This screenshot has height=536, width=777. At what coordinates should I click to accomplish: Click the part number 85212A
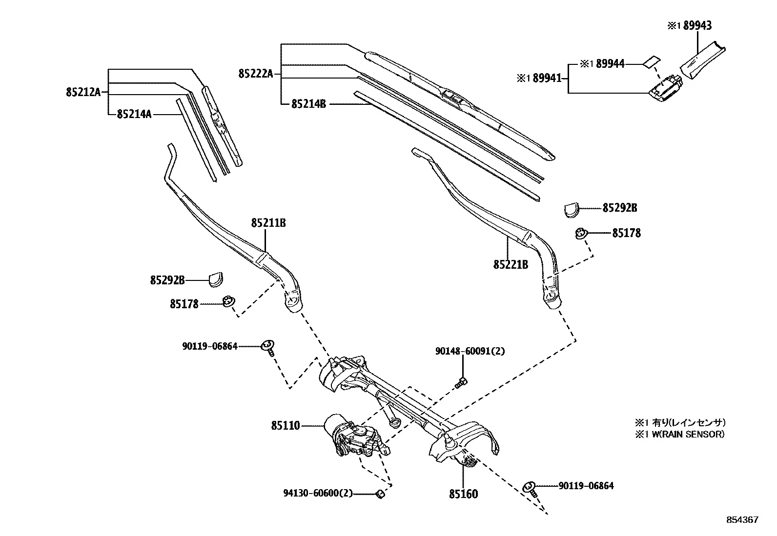tap(83, 92)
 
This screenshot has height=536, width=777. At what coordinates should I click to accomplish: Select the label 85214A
tap(134, 114)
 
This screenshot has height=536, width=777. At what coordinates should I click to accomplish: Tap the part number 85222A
tap(256, 74)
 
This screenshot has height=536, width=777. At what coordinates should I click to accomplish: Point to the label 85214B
tap(309, 104)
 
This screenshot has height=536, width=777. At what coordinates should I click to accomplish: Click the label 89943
tap(697, 25)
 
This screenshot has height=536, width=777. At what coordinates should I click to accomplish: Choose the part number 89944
tap(610, 64)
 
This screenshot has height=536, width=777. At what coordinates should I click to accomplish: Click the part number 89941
tap(547, 79)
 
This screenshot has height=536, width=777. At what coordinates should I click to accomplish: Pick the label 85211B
tap(268, 223)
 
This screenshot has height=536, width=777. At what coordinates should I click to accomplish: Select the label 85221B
tap(511, 264)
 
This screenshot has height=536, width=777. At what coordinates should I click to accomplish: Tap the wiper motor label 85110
tap(286, 425)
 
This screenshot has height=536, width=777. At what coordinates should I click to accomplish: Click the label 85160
tap(464, 494)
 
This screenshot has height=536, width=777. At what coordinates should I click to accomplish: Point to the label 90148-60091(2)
tap(470, 351)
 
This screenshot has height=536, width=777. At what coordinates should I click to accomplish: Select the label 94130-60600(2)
tap(318, 493)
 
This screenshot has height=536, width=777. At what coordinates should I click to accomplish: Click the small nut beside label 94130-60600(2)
tap(381, 495)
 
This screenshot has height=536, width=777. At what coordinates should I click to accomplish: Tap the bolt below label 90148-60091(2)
tap(461, 383)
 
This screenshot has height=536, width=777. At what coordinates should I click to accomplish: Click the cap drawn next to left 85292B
tap(216, 279)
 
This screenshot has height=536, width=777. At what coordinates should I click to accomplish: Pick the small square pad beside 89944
tap(652, 61)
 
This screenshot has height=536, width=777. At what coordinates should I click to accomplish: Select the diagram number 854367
tap(742, 520)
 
